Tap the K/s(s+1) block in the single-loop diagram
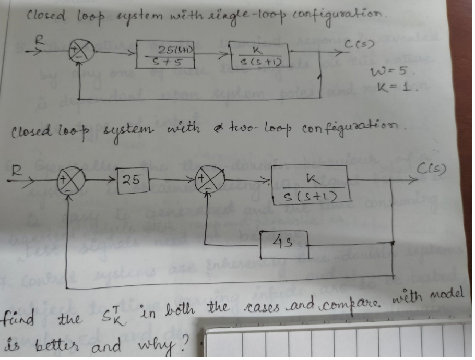point(259,55)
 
